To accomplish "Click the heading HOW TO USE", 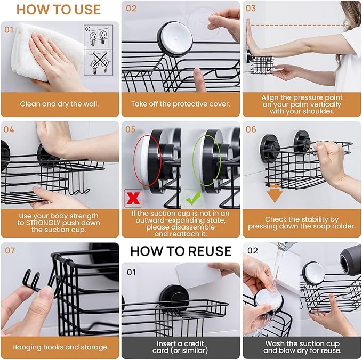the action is click(x=59, y=10).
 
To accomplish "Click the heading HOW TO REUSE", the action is click(x=181, y=251).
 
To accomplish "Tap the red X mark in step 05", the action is click(x=133, y=198).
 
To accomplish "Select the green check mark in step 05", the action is click(x=193, y=198).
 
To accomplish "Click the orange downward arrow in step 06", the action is click(x=274, y=193).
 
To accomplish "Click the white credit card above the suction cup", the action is click(x=199, y=275).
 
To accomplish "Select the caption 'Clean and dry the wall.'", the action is click(x=59, y=104).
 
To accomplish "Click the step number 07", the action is click(x=10, y=250).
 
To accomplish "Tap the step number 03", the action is click(x=251, y=9).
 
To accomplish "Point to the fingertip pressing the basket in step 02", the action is click(x=197, y=72).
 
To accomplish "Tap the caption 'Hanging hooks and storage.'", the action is click(x=60, y=347).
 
